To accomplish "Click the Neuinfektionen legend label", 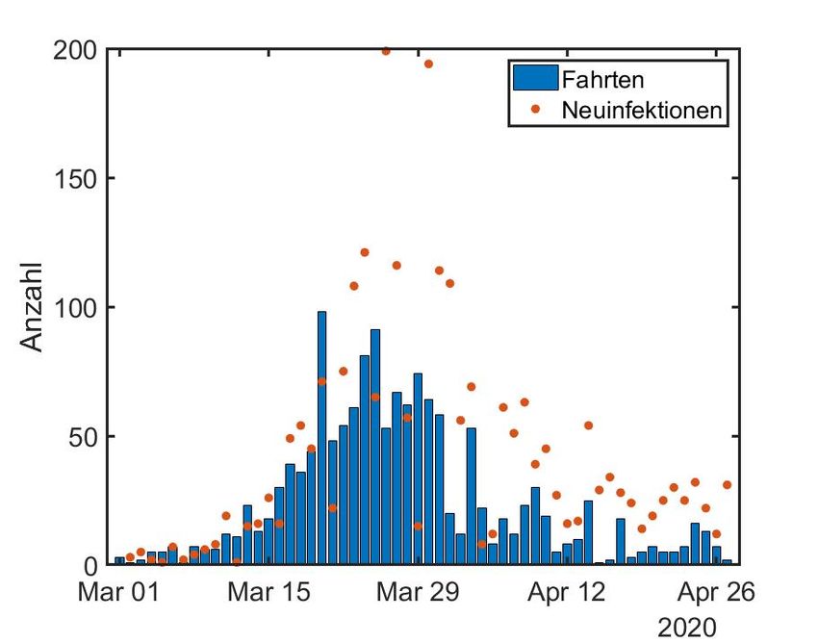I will pyautogui.click(x=641, y=110).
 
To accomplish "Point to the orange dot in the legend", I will pyautogui.click(x=535, y=110).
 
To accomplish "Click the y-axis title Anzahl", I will pyautogui.click(x=32, y=306).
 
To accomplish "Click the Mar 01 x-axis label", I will pyautogui.click(x=119, y=593).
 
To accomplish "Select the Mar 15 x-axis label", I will pyautogui.click(x=268, y=593).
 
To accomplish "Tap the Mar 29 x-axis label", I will pyautogui.click(x=418, y=593).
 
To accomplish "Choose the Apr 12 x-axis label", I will pyautogui.click(x=567, y=593).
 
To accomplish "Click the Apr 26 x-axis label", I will pyautogui.click(x=717, y=593).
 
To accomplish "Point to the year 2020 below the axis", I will pyautogui.click(x=687, y=628).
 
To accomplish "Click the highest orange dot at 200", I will pyautogui.click(x=386, y=51).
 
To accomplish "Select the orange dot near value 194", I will pyautogui.click(x=428, y=64).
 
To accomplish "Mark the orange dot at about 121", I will pyautogui.click(x=365, y=252).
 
